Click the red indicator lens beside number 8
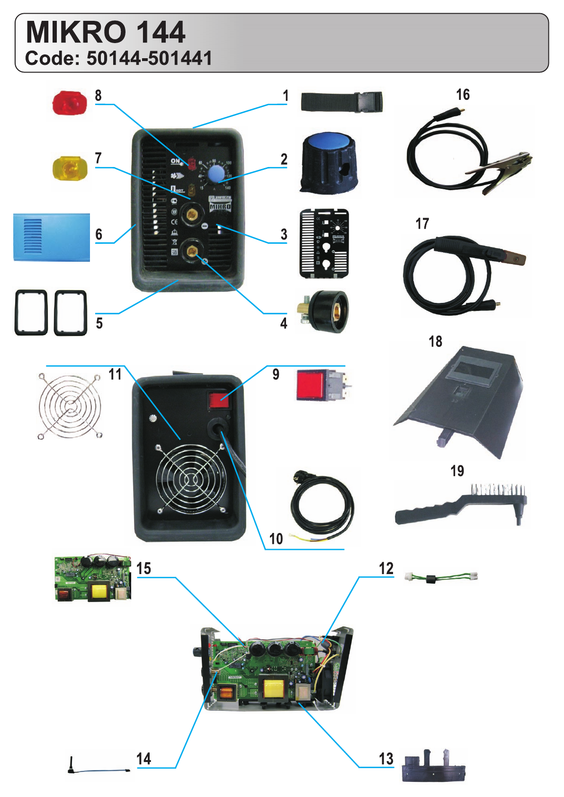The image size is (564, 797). tap(70, 103)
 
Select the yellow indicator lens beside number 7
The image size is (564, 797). tap(70, 168)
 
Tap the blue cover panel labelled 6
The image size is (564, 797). tap(52, 237)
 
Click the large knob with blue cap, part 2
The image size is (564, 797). tap(329, 162)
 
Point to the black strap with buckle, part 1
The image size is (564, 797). tap(341, 102)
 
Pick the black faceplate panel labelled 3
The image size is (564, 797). tap(324, 243)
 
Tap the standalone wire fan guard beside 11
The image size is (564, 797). tap(70, 406)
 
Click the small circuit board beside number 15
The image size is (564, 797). tap(93, 578)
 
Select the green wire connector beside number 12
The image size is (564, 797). tap(441, 577)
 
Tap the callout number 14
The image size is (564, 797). tap(143, 759)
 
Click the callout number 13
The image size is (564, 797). tap(386, 759)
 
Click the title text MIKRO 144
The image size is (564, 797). tap(105, 32)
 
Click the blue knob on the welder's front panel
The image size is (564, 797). tap(216, 174)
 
